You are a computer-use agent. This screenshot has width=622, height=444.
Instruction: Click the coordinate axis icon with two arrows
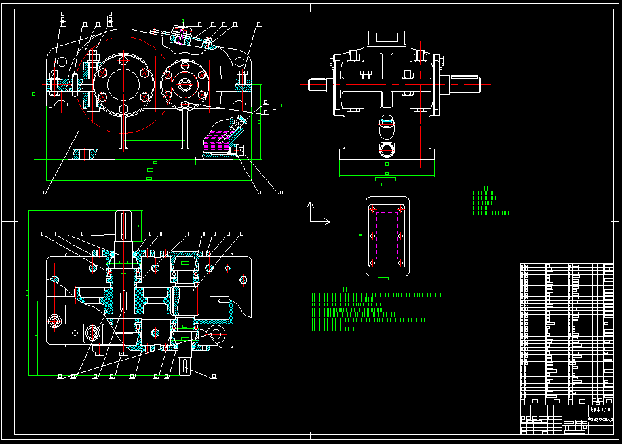click(317, 215)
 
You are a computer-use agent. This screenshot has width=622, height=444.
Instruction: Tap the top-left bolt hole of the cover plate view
click(373, 210)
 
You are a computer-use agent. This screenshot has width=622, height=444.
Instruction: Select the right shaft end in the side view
click(466, 83)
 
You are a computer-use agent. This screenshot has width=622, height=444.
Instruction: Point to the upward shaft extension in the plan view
click(123, 226)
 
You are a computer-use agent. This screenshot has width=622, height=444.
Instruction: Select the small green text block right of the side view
click(488, 202)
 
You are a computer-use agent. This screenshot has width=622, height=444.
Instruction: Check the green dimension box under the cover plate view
click(384, 278)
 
